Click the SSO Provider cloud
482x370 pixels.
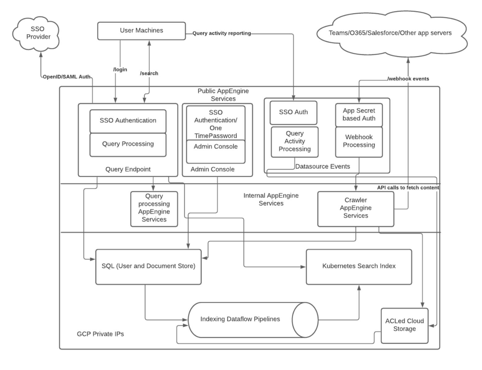pos(36,33)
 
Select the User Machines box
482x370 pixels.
pos(142,31)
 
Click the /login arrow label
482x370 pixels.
pos(120,70)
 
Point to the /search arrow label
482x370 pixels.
pos(149,73)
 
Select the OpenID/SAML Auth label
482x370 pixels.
pos(66,77)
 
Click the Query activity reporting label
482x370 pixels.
pos(222,33)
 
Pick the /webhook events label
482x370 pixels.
pos(408,79)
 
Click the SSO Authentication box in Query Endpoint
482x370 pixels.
pos(128,121)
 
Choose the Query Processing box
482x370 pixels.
pos(128,144)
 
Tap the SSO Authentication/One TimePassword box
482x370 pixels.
pos(216,124)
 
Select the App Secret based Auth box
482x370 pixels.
pos(359,115)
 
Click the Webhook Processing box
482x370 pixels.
pos(359,141)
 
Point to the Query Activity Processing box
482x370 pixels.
pos(294,141)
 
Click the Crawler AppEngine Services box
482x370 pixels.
pos(356,208)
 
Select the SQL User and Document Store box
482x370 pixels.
pos(148,266)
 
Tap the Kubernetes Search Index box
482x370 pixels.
pos(359,266)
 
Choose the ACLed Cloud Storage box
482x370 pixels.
pos(404,325)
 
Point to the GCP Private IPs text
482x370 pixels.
pos(100,334)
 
